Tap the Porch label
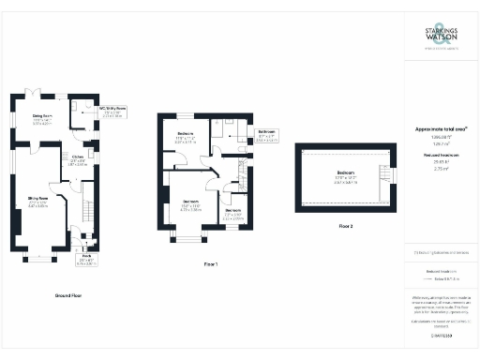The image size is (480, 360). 85,256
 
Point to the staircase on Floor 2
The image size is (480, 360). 382,174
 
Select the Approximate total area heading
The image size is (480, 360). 441,128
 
